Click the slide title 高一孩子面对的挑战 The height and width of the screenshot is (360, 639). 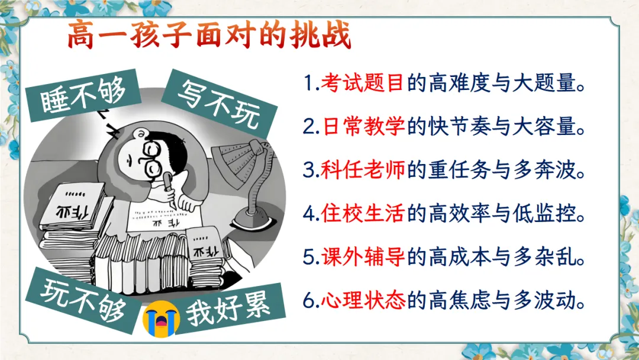click(209, 35)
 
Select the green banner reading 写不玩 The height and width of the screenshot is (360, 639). click(220, 104)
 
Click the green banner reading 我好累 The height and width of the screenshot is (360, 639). click(228, 308)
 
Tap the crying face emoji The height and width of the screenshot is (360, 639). click(162, 319)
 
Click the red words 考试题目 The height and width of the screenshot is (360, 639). click(362, 83)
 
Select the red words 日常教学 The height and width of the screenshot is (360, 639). click(363, 126)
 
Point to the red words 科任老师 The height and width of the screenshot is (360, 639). click(363, 170)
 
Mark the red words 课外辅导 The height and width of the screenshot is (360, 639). click(363, 257)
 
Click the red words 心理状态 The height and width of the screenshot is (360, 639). click(363, 300)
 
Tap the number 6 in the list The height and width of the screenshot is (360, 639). click(309, 301)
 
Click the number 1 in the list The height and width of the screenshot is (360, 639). click(308, 83)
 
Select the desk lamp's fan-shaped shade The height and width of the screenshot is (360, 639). click(238, 159)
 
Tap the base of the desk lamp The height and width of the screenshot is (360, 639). click(253, 218)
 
